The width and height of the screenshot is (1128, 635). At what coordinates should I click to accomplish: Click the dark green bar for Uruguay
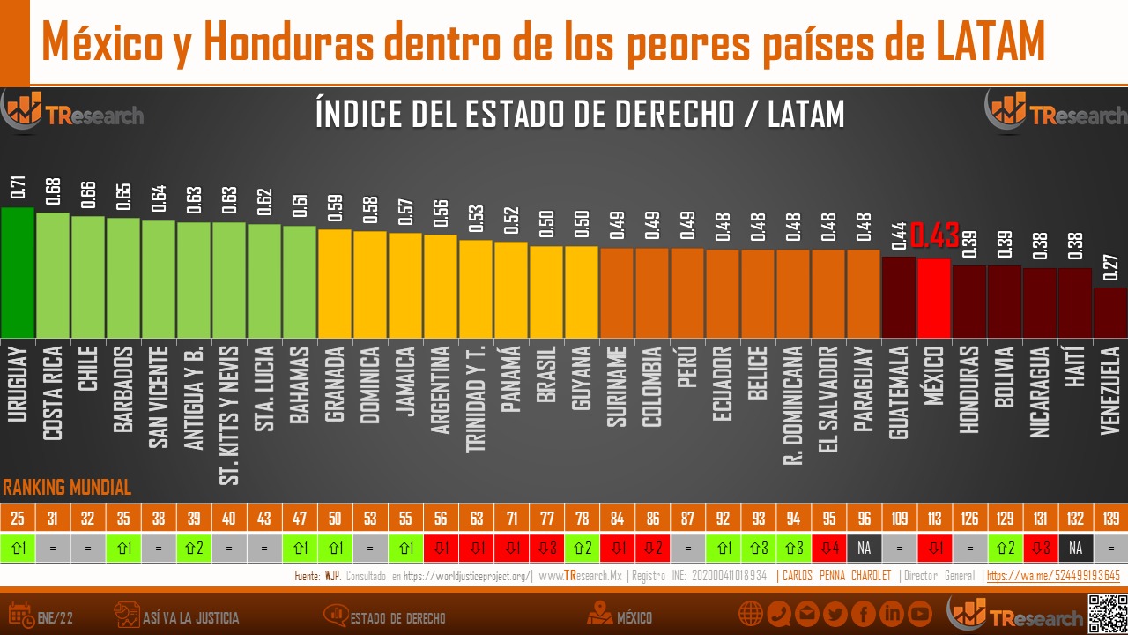[18, 273]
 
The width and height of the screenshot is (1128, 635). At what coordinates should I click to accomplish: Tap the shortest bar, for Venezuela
[1110, 312]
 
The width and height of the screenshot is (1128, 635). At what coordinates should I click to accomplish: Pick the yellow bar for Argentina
[441, 286]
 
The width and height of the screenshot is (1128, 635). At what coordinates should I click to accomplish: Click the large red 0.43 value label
[934, 236]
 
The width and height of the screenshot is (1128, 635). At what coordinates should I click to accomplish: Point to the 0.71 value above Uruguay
[19, 187]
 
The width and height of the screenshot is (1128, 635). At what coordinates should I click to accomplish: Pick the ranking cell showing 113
[934, 517]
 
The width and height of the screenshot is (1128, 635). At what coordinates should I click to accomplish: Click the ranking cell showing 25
[18, 517]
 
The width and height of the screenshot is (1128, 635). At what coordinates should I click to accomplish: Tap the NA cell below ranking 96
[864, 548]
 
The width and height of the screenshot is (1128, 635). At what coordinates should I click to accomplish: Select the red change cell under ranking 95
[828, 548]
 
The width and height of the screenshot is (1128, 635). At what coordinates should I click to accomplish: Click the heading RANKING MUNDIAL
[67, 488]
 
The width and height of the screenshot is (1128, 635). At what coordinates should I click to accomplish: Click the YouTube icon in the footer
[920, 614]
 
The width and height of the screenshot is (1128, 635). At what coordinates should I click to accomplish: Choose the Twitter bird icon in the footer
[835, 614]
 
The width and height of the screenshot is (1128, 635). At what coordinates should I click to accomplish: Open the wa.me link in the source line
[1053, 576]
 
